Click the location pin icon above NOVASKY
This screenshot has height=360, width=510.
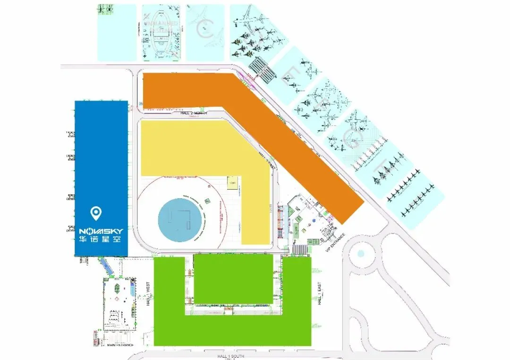(97, 214)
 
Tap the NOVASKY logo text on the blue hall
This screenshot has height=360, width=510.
(101, 231)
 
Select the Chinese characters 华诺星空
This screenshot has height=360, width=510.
(101, 240)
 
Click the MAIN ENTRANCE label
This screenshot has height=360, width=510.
(120, 345)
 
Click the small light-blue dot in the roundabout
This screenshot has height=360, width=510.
(361, 254)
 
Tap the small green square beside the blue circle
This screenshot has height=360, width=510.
(206, 204)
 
